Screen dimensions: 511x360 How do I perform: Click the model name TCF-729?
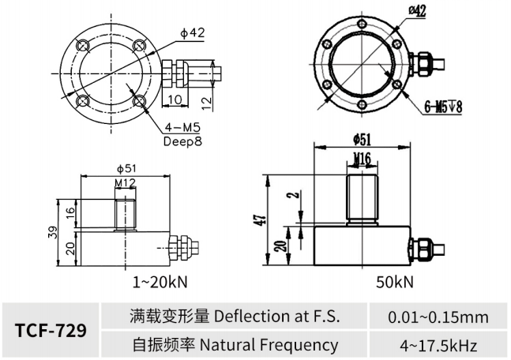coord(51,330)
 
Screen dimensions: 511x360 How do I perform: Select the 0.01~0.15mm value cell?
coord(438,317)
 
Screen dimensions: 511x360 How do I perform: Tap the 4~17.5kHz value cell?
coord(438,345)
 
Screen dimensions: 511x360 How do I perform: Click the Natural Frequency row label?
coord(235,345)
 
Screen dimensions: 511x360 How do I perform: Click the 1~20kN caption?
coord(160,282)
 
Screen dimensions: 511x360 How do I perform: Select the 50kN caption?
coord(395,282)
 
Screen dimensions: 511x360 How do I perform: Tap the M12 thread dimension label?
coord(125,183)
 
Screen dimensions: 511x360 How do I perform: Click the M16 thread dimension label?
coord(363,159)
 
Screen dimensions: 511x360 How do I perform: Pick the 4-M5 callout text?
coord(182,127)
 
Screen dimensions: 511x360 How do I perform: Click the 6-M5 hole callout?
coord(443,107)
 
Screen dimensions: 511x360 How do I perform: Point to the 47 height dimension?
coord(264,219)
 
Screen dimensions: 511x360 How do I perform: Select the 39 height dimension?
coord(53,232)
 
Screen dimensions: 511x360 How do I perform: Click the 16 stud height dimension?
coord(70,213)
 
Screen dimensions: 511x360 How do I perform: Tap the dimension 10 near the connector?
coord(175,99)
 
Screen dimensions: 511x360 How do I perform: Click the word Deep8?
coord(182,141)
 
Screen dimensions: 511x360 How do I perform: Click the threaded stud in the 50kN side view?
coord(362,200)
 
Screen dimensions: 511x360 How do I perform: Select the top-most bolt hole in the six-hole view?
coord(362,24)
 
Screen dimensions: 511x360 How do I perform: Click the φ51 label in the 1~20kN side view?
coord(126,169)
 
